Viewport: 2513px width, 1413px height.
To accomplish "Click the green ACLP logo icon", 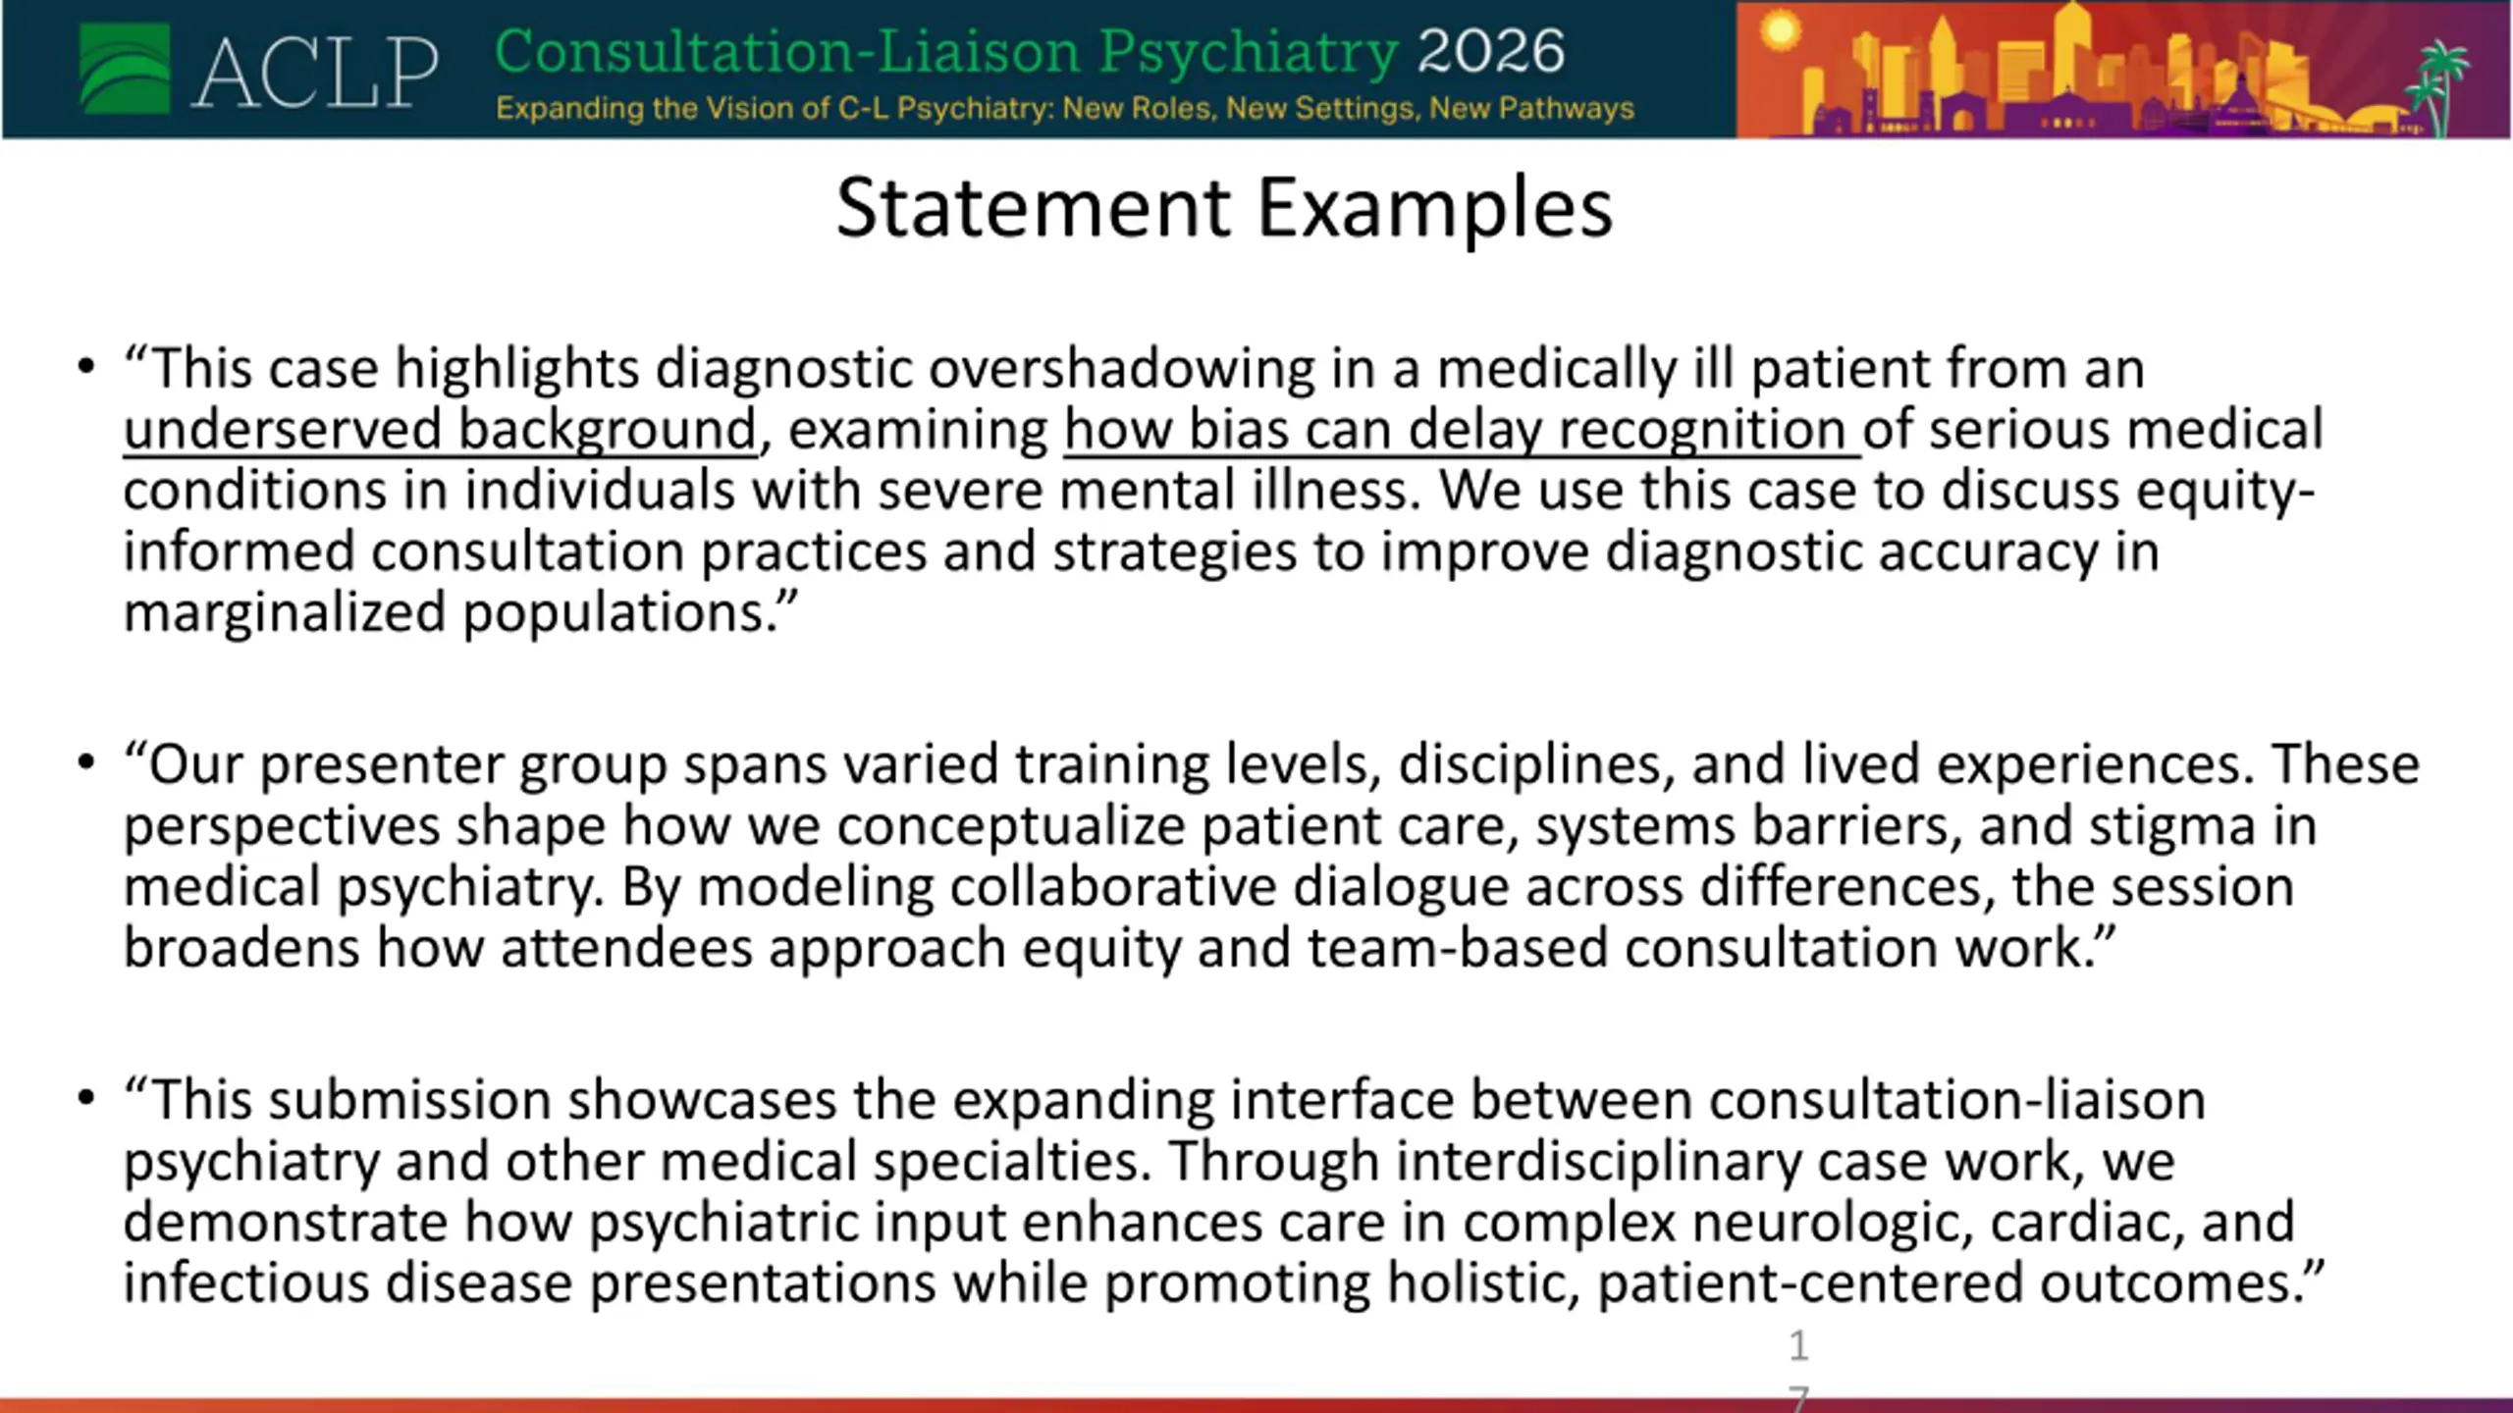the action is (125, 69).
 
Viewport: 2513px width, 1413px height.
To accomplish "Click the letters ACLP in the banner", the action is (314, 72).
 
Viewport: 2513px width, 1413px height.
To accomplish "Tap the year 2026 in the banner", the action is (1491, 51).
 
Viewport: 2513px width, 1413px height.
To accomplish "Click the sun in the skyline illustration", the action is (1780, 31).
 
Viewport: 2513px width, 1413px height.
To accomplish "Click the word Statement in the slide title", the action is (1034, 208).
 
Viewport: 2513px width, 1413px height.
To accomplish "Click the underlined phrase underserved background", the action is (440, 430).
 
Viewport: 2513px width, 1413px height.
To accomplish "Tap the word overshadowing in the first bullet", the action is (1122, 369).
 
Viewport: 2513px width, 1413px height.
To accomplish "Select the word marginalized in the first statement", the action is (285, 614).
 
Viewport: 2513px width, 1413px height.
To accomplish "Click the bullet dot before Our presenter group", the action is (86, 762).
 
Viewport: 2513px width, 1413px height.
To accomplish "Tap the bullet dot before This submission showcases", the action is (86, 1097).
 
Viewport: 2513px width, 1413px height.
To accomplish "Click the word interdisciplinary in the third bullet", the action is (1599, 1162).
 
